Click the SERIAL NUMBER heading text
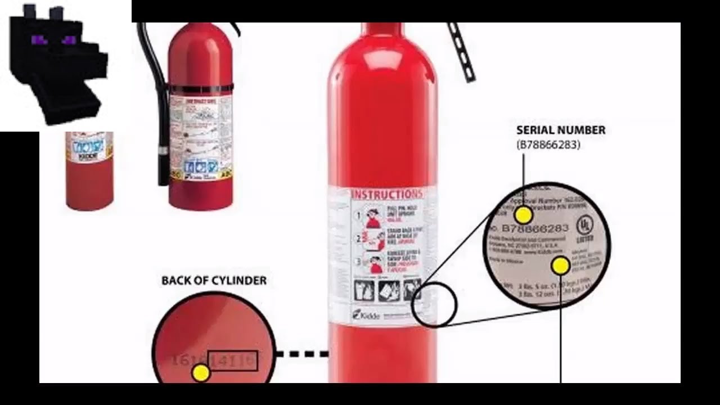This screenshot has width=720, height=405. [561, 130]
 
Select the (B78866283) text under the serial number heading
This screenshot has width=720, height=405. [548, 145]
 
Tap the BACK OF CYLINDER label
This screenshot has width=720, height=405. [214, 280]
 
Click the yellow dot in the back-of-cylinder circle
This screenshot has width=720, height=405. [200, 372]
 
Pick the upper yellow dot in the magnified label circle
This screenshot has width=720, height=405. [523, 215]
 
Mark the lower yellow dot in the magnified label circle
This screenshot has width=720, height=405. [560, 266]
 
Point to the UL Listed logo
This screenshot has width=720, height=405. [585, 228]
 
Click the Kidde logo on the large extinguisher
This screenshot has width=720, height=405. [366, 314]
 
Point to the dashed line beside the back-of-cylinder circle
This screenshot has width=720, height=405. [301, 354]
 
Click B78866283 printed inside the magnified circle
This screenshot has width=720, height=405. [534, 229]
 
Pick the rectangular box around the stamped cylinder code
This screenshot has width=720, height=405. [233, 361]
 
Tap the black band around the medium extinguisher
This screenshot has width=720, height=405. [201, 88]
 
